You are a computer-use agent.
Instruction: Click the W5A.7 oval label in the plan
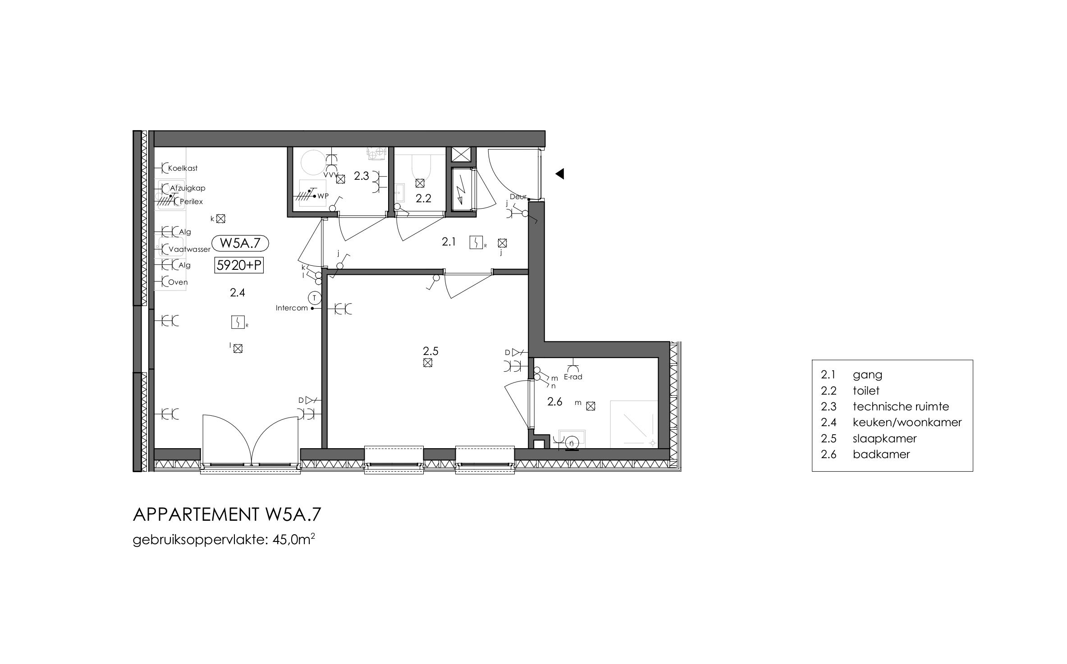[x=240, y=243]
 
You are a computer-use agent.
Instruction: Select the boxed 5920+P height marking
[x=238, y=265]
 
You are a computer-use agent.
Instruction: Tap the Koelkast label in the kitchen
[x=183, y=168]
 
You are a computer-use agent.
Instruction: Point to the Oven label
[x=178, y=282]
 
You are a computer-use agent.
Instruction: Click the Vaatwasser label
[x=189, y=249]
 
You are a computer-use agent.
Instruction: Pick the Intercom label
[x=292, y=308]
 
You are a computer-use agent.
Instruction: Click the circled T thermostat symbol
[x=314, y=297]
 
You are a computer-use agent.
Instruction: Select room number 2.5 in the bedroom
[x=430, y=350]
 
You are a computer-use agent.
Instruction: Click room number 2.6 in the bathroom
[x=555, y=401]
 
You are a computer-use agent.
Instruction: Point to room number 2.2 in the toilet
[x=423, y=199]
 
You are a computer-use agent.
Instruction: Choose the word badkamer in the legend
[x=881, y=454]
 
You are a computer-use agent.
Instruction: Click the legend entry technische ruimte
[x=901, y=406]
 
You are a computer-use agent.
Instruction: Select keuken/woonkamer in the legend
[x=907, y=422]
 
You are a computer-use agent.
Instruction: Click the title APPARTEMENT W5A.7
[x=227, y=514]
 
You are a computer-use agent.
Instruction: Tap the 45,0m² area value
[x=293, y=539]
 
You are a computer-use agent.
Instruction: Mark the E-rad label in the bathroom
[x=573, y=377]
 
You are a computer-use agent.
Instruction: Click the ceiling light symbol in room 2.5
[x=428, y=363]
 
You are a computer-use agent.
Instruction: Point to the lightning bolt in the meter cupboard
[x=461, y=190]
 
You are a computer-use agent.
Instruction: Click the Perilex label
[x=192, y=202]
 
